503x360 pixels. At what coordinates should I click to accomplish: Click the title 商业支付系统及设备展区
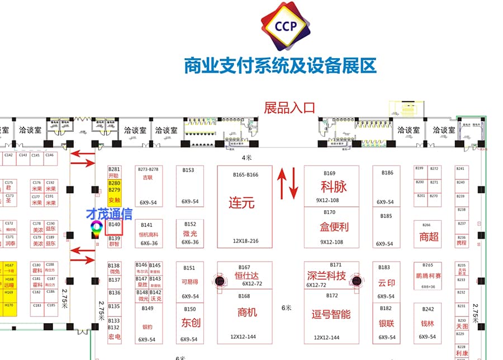(x=280, y=66)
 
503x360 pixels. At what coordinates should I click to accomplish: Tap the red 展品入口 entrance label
(x=290, y=107)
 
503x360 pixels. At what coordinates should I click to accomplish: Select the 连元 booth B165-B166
(x=245, y=207)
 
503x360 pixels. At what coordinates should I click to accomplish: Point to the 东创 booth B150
(x=191, y=323)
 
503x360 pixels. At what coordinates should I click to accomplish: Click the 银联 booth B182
(x=387, y=323)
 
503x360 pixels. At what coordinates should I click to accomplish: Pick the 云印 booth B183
(x=387, y=282)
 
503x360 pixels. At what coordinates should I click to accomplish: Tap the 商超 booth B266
(x=429, y=235)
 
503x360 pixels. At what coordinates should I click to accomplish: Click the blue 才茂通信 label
(x=109, y=214)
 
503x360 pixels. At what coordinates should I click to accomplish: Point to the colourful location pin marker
(x=97, y=227)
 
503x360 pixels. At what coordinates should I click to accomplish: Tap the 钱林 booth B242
(x=428, y=323)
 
